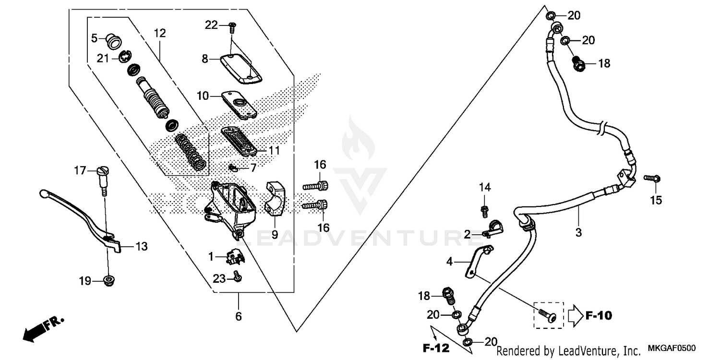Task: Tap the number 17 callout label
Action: point(80,170)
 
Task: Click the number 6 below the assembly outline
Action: point(239,317)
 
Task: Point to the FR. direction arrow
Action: point(43,329)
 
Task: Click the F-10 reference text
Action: point(598,315)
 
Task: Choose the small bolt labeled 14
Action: point(485,209)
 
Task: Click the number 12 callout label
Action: point(160,33)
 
